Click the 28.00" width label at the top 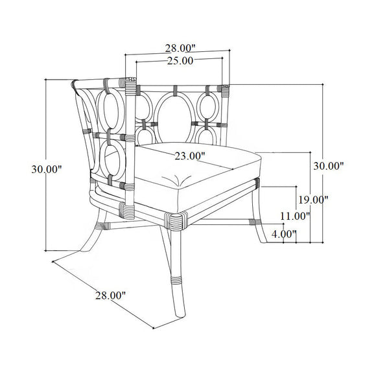click(179, 48)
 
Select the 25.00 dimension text click(180, 61)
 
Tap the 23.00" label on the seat click(190, 156)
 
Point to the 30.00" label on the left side click(46, 169)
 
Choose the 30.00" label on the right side click(328, 166)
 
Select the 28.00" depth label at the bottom click(110, 295)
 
